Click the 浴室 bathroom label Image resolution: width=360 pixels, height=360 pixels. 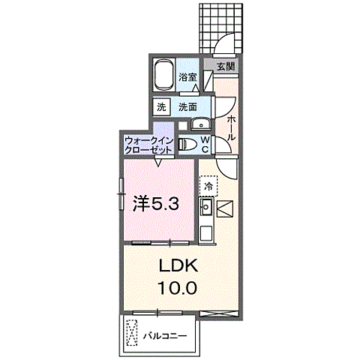[x=187, y=76]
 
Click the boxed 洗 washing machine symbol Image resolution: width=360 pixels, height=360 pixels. [x=161, y=107]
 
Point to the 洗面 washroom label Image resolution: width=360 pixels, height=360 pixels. [x=187, y=107]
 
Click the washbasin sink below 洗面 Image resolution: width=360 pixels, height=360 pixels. [x=199, y=125]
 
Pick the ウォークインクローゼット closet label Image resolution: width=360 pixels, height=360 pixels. [x=148, y=144]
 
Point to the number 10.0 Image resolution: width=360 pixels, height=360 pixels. [x=177, y=287]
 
